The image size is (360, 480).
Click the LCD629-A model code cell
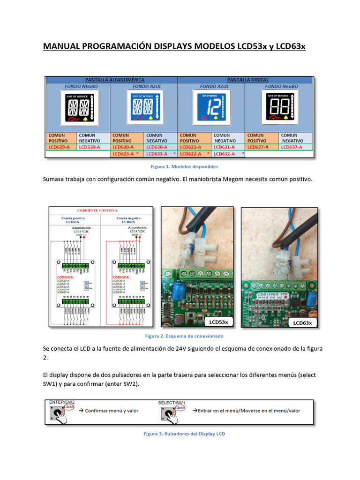[59, 147]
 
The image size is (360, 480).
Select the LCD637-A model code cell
[291, 147]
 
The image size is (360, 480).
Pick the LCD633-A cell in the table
[157, 153]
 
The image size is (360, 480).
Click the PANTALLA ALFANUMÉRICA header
[111, 80]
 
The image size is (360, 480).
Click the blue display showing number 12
[209, 108]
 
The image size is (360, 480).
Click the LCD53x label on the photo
[218, 322]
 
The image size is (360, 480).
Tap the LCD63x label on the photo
[302, 322]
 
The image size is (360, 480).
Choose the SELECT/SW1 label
[172, 402]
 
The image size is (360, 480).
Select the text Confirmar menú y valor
[112, 411]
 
